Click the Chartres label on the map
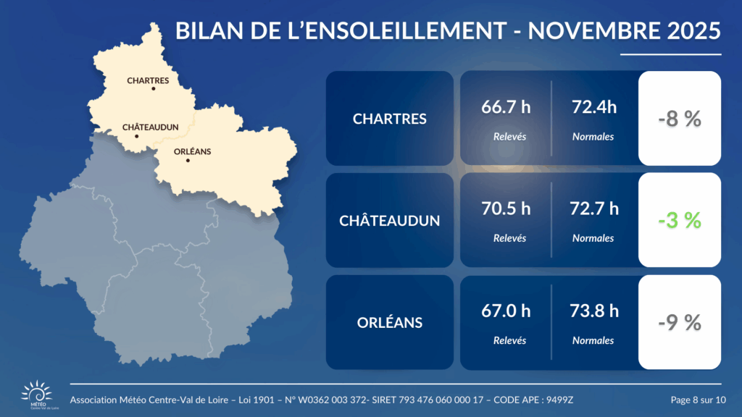coord(148,80)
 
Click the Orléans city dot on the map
coord(188,160)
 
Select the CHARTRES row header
coord(390,119)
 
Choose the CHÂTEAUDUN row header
coord(390,221)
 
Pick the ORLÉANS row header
coord(390,323)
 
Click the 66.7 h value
coord(506,108)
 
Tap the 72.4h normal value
coord(594,108)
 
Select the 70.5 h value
coord(506,209)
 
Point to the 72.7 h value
coord(595,209)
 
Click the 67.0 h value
coord(506,311)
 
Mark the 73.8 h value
coord(595,311)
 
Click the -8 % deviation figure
coord(680,119)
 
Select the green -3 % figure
coord(680,221)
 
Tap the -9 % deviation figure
coord(680,323)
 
